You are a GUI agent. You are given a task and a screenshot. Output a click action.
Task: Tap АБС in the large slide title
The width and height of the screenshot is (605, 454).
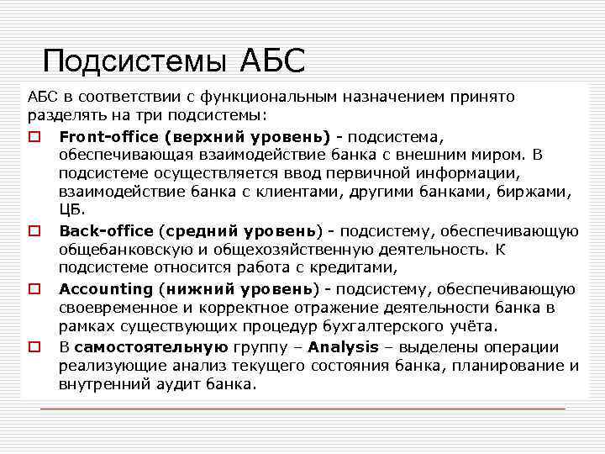coord(273,61)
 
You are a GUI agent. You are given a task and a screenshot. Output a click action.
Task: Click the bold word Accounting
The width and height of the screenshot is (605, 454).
coord(106,288)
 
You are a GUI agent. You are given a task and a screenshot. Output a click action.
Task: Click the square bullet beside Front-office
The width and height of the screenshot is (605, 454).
coord(34,136)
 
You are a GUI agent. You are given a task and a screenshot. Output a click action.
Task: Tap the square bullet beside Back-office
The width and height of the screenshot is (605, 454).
coord(34,231)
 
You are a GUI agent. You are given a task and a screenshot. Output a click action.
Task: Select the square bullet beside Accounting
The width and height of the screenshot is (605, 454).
coord(34,289)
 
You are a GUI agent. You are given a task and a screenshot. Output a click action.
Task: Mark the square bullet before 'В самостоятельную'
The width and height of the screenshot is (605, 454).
coord(34,347)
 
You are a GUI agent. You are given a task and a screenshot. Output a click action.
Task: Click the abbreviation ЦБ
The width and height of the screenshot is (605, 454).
coord(71,210)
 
